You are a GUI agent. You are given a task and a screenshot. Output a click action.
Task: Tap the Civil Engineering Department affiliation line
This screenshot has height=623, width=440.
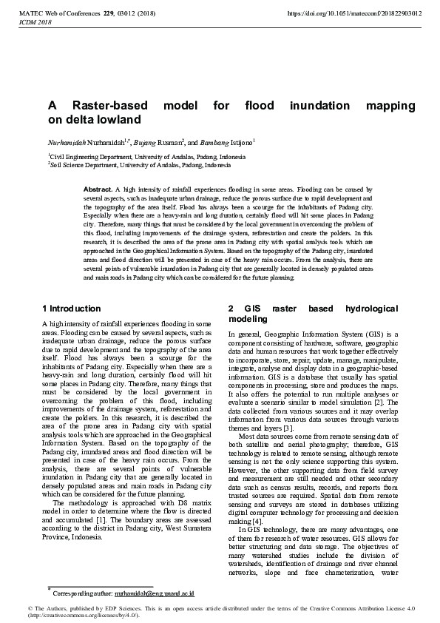[x=146, y=157]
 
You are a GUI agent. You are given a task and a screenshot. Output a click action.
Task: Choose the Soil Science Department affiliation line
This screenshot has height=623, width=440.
[x=140, y=166]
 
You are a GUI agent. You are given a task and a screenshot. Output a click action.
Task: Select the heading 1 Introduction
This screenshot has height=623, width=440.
[x=72, y=308]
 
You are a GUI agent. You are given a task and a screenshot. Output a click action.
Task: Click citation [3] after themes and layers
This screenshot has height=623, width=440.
[x=289, y=428]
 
